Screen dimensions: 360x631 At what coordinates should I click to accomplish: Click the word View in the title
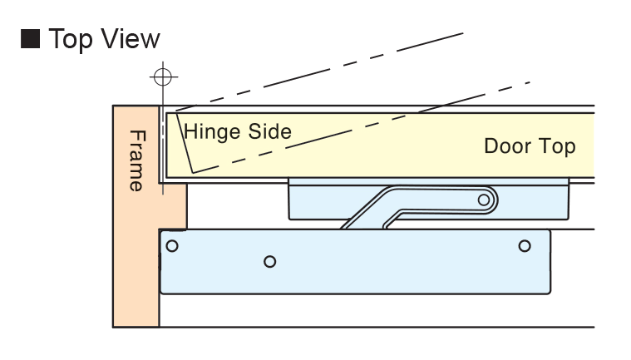(129, 41)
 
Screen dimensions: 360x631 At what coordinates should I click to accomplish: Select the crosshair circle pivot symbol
(162, 76)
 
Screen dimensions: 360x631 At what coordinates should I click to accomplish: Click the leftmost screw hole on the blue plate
(172, 245)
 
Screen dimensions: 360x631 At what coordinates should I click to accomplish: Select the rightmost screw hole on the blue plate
(524, 245)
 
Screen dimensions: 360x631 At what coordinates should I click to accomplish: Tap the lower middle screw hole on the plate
(269, 261)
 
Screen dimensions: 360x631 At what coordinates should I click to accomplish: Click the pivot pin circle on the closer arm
(482, 199)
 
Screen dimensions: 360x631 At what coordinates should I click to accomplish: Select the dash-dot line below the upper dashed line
(374, 124)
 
